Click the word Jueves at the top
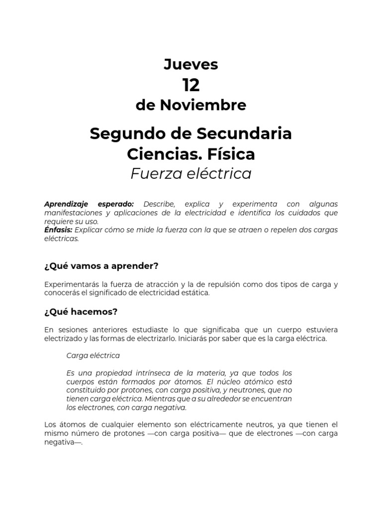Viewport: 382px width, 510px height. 191,65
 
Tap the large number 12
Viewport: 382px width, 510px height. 191,85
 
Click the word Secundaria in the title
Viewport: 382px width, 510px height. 244,134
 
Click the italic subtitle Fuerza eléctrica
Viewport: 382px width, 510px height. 191,174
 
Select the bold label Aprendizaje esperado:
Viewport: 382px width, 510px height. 89,204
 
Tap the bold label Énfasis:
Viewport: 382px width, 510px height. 58,230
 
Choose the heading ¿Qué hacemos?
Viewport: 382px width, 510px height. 81,312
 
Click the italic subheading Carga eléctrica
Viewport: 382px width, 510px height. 93,356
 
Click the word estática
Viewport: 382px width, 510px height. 195,293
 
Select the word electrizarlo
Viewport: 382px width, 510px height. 156,339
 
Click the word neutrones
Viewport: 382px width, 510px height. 249,390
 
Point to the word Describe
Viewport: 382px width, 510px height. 159,204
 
